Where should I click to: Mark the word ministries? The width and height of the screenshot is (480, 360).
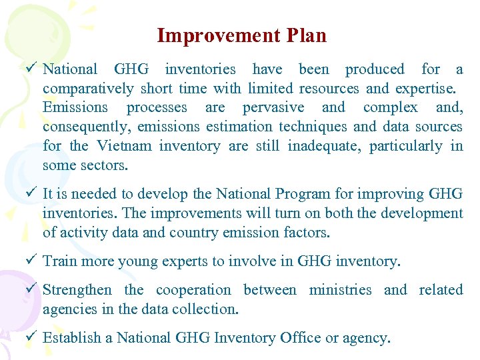tap(340, 290)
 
